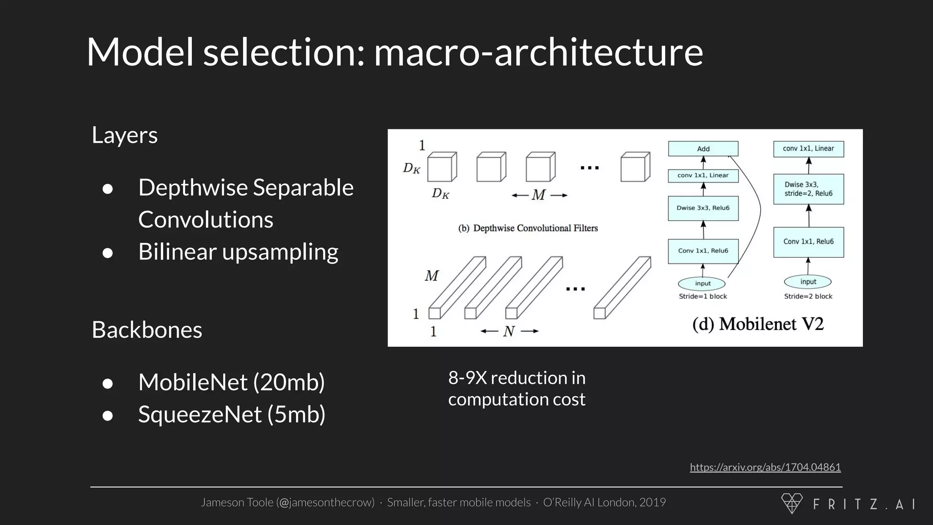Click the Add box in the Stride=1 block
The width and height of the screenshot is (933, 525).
[703, 149]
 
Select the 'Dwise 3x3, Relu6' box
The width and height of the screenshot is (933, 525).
[703, 208]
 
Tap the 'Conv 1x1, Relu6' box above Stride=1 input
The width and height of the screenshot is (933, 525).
[703, 251]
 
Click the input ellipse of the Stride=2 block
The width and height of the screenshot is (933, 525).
[808, 282]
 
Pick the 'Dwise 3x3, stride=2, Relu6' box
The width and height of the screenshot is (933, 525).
[808, 189]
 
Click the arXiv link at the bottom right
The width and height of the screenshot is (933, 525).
[765, 467]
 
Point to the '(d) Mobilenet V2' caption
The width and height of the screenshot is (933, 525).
[758, 324]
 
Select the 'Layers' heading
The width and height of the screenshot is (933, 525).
[124, 135]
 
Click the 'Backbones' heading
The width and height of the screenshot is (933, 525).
[147, 329]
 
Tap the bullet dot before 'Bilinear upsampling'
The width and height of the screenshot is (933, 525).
[108, 252]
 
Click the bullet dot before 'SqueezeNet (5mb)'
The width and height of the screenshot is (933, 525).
[108, 415]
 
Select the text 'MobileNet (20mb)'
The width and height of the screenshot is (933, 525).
[231, 382]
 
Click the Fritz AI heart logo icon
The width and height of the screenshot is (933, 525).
[792, 503]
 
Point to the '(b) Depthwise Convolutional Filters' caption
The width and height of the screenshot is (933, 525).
[528, 228]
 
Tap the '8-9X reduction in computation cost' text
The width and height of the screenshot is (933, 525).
[517, 388]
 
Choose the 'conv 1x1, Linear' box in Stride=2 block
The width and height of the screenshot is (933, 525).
[808, 149]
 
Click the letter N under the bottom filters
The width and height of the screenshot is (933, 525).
[509, 331]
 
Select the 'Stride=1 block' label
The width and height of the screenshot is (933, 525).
[703, 296]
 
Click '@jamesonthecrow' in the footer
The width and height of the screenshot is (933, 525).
[325, 502]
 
